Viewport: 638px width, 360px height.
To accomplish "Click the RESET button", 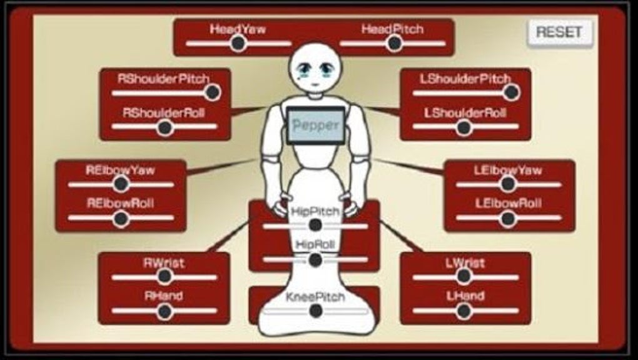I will (x=559, y=32).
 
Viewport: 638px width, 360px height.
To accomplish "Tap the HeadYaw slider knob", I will (x=238, y=43).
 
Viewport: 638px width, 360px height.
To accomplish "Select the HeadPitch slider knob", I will (x=394, y=43).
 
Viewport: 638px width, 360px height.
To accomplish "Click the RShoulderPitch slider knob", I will (x=213, y=92).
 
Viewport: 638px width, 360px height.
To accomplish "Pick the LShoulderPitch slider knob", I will (x=512, y=92).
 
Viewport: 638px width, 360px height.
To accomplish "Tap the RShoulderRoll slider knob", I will (x=165, y=127).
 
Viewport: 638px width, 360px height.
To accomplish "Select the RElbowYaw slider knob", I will (x=121, y=184).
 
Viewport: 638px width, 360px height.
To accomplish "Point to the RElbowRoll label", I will (x=121, y=203).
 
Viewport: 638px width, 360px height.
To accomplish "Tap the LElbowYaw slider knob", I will (x=508, y=184).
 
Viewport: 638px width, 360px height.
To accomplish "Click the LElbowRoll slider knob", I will (x=508, y=219).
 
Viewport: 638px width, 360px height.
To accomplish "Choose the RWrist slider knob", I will (x=165, y=276).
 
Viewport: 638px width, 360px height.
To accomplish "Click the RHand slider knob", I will (x=165, y=311).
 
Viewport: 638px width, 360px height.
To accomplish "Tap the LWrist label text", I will (x=465, y=262).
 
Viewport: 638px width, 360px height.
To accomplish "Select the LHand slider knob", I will (x=463, y=311).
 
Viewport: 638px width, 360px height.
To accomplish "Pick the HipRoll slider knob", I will (x=316, y=259).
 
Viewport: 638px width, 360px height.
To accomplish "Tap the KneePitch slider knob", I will (x=316, y=311).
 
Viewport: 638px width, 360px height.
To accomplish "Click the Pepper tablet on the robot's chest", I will (x=316, y=126).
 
